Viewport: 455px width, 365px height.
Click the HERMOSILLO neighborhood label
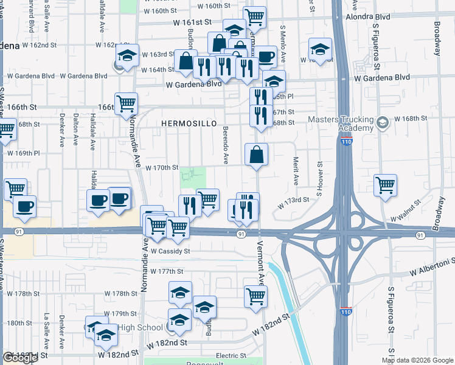(189, 123)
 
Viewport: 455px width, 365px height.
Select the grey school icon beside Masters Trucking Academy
(382, 123)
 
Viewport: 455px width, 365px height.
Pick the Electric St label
(231, 355)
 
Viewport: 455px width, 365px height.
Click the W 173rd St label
(294, 203)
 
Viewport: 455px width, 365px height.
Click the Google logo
(20, 358)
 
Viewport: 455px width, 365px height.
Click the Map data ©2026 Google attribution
(418, 360)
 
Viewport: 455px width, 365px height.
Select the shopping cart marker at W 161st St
(254, 16)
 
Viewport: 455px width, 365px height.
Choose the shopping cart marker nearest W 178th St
(255, 296)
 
